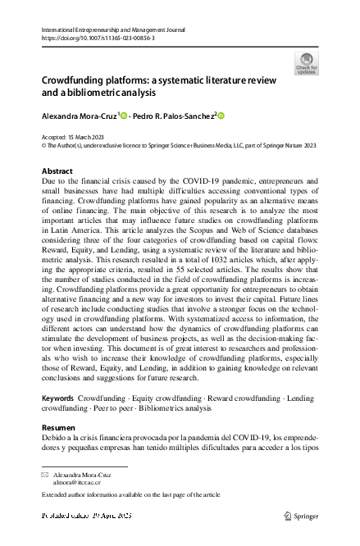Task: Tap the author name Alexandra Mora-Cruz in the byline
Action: [x=80, y=117]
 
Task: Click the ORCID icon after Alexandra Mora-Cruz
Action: [x=125, y=117]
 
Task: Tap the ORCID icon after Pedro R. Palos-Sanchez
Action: [x=221, y=117]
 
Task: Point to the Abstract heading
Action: [x=57, y=171]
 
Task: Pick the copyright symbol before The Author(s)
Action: [x=44, y=145]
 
